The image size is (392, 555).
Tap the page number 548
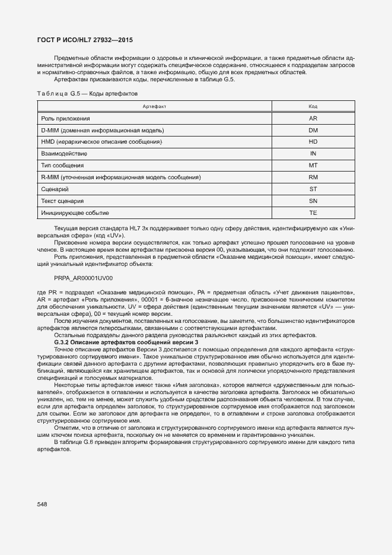click(42, 504)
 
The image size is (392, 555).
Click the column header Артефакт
click(154, 106)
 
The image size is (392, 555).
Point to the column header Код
click(313, 106)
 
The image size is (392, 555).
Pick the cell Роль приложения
click(65, 119)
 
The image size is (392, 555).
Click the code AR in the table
click(313, 119)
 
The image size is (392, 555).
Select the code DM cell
click(313, 130)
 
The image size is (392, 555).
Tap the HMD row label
click(101, 142)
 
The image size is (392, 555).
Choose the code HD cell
click(313, 142)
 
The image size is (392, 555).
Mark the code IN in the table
click(313, 154)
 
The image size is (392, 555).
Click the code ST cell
click(313, 189)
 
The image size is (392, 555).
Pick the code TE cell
click(313, 213)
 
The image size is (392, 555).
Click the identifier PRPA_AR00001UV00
click(83, 278)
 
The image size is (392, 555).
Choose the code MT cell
click(313, 165)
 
